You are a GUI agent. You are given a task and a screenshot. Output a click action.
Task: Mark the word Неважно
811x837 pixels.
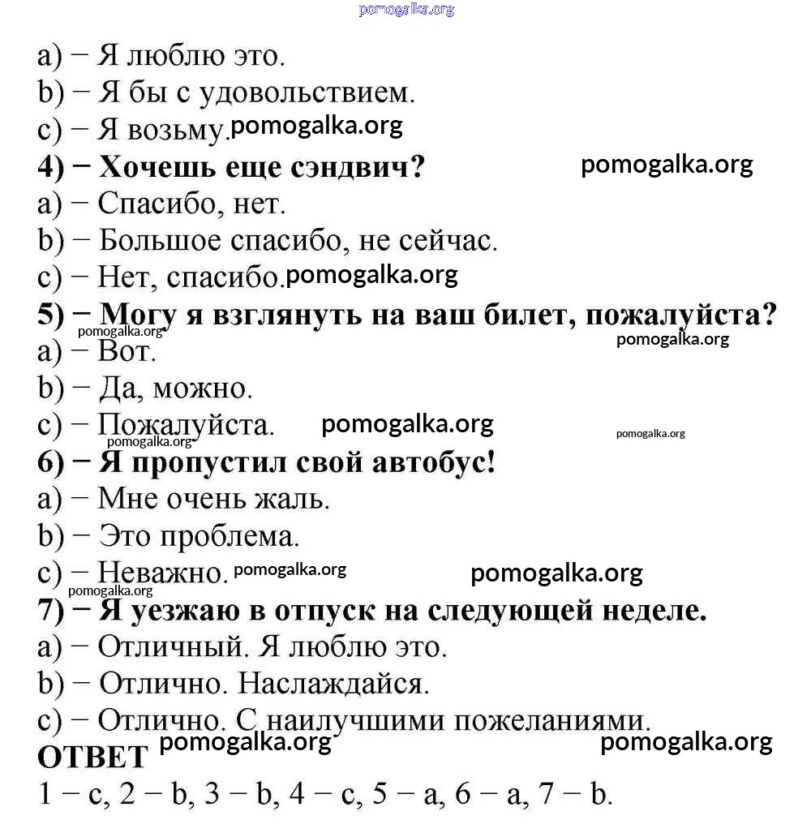[x=161, y=573]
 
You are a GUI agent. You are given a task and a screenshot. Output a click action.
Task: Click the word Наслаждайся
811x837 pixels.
[x=333, y=684]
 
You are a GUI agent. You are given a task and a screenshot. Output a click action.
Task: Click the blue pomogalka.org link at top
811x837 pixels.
[x=405, y=10]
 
